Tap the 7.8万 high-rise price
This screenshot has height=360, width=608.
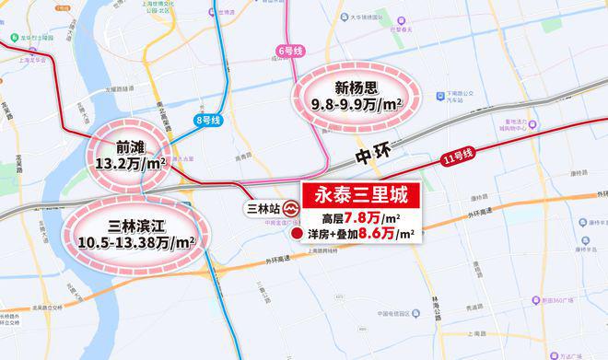tap(364, 218)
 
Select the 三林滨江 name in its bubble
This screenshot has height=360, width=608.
tap(134, 224)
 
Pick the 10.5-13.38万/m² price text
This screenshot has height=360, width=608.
tap(134, 242)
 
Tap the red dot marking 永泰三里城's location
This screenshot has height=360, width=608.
tap(298, 235)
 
